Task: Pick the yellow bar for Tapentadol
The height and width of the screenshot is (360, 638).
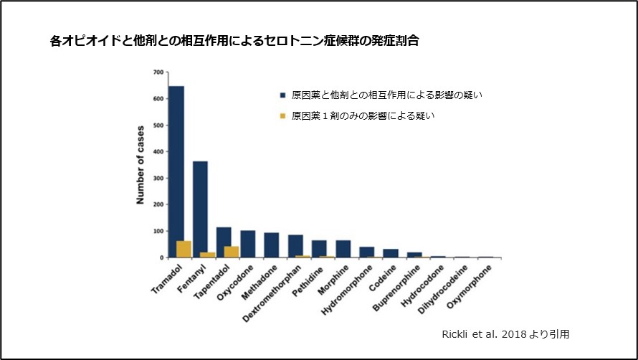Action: [232, 252]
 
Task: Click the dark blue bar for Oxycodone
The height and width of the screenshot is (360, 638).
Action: [248, 244]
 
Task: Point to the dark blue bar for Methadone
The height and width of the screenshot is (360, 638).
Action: [272, 245]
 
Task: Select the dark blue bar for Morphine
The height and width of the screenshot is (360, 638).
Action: [343, 249]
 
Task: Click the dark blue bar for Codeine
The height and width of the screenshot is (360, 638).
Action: [391, 253]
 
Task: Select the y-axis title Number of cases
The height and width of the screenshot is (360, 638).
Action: [141, 165]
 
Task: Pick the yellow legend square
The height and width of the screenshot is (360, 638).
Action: [282, 115]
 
